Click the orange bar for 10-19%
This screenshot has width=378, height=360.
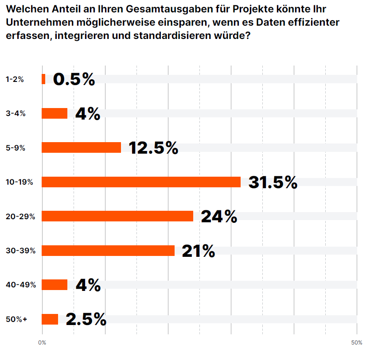[x=141, y=182]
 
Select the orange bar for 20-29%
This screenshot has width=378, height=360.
[x=117, y=216]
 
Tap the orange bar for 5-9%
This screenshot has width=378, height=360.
[x=81, y=147]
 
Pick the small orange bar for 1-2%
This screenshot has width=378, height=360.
[x=43, y=79]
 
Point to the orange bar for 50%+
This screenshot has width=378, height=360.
[x=50, y=319]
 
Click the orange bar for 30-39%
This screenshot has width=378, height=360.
[x=108, y=251]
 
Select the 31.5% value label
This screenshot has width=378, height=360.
[x=273, y=182]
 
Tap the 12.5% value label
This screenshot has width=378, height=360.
[x=153, y=148]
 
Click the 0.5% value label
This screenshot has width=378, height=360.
[x=74, y=79]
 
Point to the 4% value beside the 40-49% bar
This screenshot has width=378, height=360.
[x=88, y=285]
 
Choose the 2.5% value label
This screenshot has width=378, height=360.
[x=86, y=319]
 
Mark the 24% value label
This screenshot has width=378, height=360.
[x=219, y=217]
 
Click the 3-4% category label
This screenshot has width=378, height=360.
[x=16, y=113]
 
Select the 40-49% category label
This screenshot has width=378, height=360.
[x=21, y=285]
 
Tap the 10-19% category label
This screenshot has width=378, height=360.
[x=19, y=182]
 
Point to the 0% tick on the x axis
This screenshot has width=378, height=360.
[x=42, y=342]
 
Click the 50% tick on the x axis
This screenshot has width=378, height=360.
[x=357, y=342]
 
